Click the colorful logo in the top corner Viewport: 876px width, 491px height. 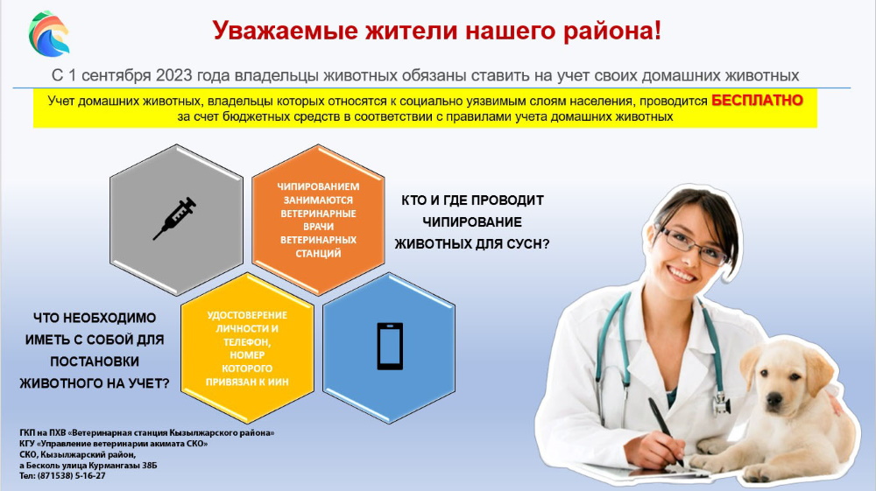[x=49, y=34]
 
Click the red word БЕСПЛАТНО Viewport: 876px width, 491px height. [x=757, y=101]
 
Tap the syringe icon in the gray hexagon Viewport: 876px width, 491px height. [x=175, y=218]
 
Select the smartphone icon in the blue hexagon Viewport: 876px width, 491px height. [x=390, y=346]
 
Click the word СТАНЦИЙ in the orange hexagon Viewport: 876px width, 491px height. [x=318, y=253]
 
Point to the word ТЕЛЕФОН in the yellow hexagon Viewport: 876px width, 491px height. [x=246, y=342]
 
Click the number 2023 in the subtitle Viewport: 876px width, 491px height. [x=173, y=75]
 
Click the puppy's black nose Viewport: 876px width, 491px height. [x=774, y=399]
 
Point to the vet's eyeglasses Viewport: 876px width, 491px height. [x=693, y=244]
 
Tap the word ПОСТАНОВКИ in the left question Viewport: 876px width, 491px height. [x=95, y=361]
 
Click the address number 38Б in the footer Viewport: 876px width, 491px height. [x=150, y=466]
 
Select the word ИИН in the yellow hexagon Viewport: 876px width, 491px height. [x=279, y=382]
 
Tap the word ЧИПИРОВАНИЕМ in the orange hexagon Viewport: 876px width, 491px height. [x=318, y=186]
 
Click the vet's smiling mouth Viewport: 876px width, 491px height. [x=682, y=275]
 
